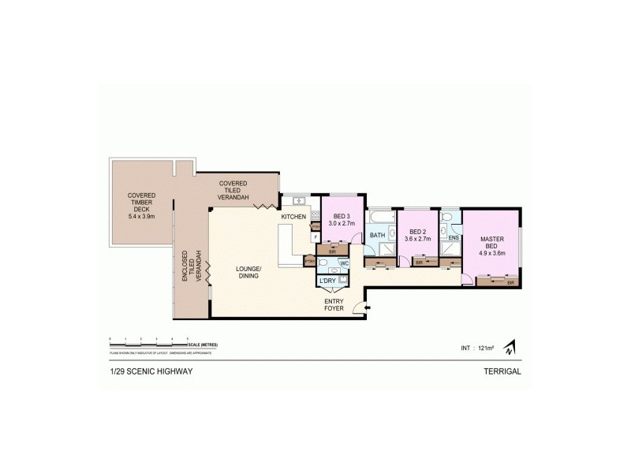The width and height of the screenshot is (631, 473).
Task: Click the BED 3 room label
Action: tap(342, 216)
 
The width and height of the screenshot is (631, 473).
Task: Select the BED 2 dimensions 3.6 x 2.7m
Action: tap(417, 239)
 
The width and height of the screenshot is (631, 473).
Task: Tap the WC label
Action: tap(344, 264)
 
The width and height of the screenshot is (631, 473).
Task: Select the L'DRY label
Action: tap(327, 281)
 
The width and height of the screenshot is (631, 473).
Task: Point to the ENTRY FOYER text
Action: tap(334, 304)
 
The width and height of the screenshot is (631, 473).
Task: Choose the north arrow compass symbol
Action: tap(510, 346)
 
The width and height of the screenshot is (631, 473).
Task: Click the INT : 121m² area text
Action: tap(478, 348)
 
